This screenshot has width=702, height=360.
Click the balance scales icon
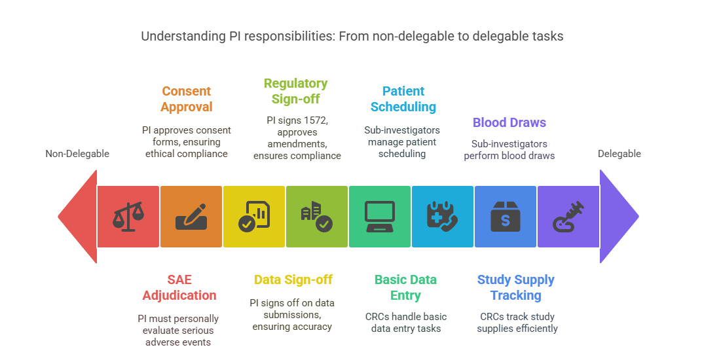[x=128, y=217]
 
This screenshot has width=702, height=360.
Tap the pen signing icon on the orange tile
[x=191, y=217]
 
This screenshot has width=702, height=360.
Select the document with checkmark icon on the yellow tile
[x=253, y=217]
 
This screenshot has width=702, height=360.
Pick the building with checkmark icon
[x=316, y=217]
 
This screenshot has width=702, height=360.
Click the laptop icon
[x=379, y=217]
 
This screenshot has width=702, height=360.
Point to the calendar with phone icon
[x=442, y=217]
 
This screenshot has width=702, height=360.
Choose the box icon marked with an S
[x=505, y=217]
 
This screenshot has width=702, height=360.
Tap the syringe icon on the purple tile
[x=568, y=217]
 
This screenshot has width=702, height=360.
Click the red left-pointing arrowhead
[x=77, y=217]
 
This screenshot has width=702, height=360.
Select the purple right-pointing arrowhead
[x=618, y=217]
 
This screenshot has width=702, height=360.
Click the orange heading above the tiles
[x=185, y=100]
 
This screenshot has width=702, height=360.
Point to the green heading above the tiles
[x=294, y=90]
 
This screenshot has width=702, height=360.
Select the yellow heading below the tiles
[x=292, y=283]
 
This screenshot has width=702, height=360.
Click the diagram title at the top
[x=351, y=37]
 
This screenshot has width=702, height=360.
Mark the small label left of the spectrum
[x=77, y=154]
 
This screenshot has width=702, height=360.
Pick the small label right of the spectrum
[x=618, y=154]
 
